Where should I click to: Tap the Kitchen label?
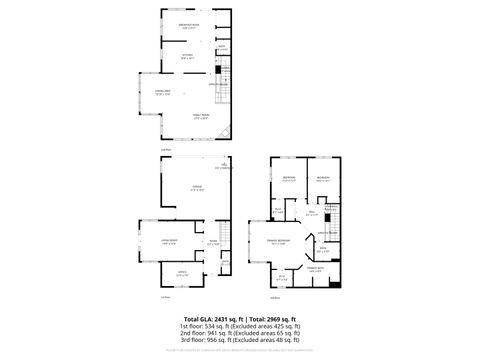click(187, 56)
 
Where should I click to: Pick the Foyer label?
click(211, 241)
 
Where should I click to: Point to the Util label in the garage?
click(225, 165)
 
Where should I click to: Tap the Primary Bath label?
click(315, 269)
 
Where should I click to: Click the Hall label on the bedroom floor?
click(312, 212)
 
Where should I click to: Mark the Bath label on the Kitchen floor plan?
click(221, 47)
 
